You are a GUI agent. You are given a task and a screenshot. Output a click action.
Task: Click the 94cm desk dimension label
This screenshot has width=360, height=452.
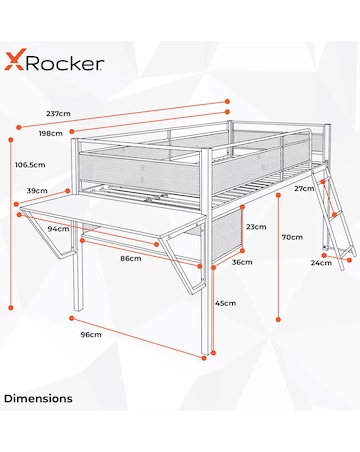point(59,228)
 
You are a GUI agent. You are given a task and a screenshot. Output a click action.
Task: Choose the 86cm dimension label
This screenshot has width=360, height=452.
point(129,259)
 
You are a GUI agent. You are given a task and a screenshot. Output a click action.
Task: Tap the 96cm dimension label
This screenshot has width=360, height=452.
point(91,334)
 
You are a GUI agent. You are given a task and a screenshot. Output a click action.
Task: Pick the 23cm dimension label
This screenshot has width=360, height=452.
point(256,227)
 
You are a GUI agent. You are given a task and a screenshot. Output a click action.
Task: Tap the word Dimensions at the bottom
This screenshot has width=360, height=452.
point(38,398)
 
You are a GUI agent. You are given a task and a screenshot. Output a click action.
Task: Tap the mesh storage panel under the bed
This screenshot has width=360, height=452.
point(227,236)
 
